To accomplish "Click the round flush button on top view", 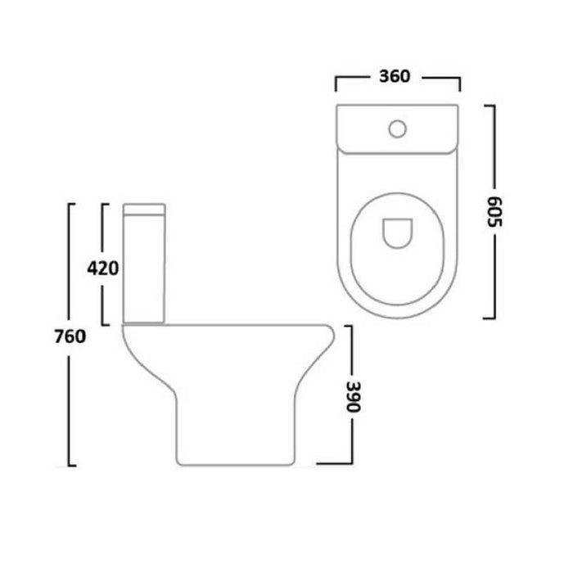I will [x=399, y=128].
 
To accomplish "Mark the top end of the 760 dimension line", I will [x=71, y=203].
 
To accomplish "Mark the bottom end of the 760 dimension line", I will [x=71, y=466].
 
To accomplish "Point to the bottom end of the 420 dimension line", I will [x=103, y=324].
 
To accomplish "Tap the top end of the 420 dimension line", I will [x=103, y=203].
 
